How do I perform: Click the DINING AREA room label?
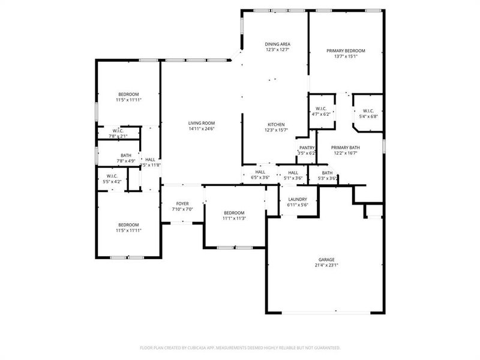point(277,44)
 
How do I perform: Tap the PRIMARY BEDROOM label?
point(346,51)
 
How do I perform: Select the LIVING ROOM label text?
point(202,122)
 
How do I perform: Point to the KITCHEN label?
point(276,124)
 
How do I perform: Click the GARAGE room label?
point(326,260)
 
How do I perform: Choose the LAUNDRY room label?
point(298,199)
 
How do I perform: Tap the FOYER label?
point(182,203)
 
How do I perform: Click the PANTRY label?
point(307,148)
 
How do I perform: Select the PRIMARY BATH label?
point(346,148)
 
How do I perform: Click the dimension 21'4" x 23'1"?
point(326,266)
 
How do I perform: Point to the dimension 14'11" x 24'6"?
point(202,128)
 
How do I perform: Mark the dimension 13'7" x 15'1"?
point(346,57)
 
